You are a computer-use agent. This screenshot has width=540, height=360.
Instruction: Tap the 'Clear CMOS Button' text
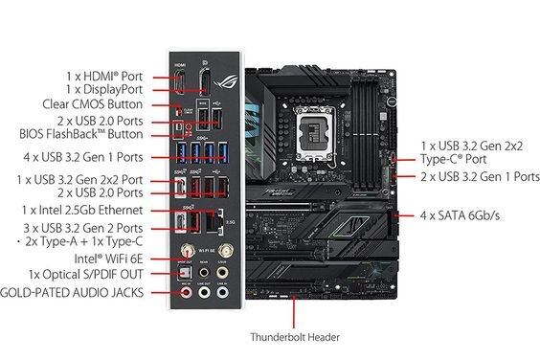pyautogui.click(x=92, y=104)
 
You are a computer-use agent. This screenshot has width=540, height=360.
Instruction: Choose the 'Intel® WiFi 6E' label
pyautogui.click(x=107, y=259)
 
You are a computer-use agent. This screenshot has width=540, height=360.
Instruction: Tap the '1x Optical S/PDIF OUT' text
pyautogui.click(x=88, y=275)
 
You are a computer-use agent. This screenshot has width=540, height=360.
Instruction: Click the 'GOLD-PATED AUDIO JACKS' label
pyautogui.click(x=75, y=291)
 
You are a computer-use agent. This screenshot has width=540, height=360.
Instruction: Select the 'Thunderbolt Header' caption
pyautogui.click(x=294, y=337)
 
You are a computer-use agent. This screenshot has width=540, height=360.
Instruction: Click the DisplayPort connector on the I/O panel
pyautogui.click(x=204, y=82)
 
